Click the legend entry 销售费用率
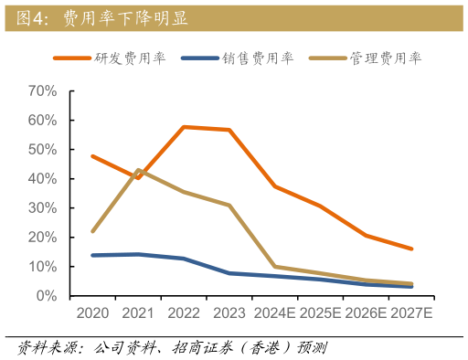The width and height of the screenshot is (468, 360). click(257, 58)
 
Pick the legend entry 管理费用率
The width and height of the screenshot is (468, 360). click(385, 58)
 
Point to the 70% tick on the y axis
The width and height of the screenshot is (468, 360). click(42, 91)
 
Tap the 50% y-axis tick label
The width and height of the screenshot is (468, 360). click(42, 150)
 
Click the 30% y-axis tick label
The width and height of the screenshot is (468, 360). click(42, 208)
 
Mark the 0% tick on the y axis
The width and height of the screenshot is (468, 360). click(46, 296)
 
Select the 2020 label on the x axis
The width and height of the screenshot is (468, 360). click(92, 313)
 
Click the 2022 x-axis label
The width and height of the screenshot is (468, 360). click(184, 313)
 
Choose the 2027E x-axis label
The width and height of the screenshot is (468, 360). click(411, 313)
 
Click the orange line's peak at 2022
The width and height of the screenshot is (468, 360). click(184, 127)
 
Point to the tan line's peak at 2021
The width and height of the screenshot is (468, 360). click(138, 169)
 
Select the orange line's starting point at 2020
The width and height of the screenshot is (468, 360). click(92, 155)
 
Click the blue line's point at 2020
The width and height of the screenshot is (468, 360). click(92, 255)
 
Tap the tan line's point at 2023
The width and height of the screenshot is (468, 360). click(229, 205)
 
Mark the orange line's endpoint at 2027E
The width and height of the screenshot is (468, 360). click(411, 249)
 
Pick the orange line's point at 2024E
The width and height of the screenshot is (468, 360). click(275, 186)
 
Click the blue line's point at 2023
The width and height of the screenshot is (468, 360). click(229, 273)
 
